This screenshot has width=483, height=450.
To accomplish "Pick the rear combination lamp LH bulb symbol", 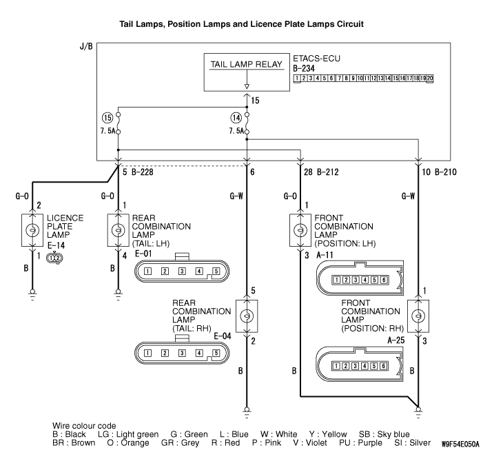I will coord(118,229).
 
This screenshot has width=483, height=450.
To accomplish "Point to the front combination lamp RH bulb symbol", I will coord(418,316).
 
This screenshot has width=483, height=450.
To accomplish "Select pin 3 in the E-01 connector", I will coord(182,271).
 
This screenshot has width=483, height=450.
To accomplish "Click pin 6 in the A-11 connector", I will coord(383,279).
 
